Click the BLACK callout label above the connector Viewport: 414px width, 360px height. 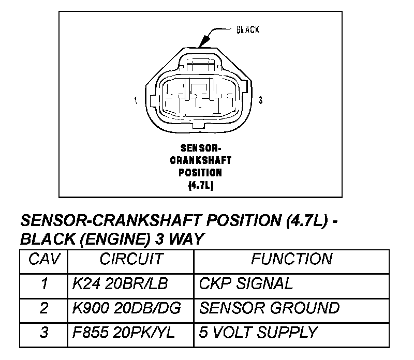(x=248, y=29)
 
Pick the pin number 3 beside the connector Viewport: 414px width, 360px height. (x=260, y=100)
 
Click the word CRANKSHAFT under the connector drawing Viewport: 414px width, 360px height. (x=201, y=160)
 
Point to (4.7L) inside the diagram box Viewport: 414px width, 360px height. (x=201, y=184)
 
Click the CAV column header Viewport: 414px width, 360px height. (x=44, y=259)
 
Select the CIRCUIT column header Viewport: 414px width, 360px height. (x=131, y=259)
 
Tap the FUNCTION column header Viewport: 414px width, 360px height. (x=291, y=259)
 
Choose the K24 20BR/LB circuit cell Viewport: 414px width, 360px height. (x=120, y=283)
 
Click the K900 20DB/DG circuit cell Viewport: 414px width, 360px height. (x=127, y=308)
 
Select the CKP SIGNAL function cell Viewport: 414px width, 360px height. (x=246, y=283)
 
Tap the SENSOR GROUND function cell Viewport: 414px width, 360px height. (x=269, y=308)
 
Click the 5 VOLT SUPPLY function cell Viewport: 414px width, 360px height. (x=258, y=332)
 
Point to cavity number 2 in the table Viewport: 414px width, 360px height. (x=44, y=308)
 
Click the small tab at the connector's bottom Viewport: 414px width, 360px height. (x=200, y=126)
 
